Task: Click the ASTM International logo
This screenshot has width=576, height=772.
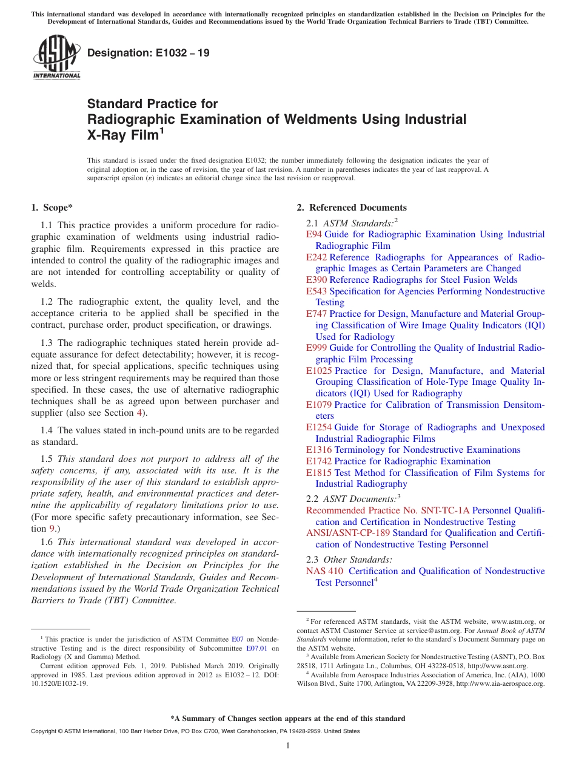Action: tap(56, 58)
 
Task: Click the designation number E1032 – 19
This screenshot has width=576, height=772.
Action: tap(149, 53)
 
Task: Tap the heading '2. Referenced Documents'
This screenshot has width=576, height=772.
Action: tap(352, 208)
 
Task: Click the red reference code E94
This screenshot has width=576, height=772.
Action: tap(314, 234)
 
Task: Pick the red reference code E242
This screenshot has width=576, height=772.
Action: tap(316, 257)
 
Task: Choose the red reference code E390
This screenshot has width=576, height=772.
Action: tap(316, 280)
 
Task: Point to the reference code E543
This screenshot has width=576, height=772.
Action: tap(316, 291)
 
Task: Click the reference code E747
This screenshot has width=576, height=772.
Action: tap(316, 314)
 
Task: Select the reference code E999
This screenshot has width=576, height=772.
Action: tap(316, 348)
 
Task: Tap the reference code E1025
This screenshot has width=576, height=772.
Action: tap(319, 371)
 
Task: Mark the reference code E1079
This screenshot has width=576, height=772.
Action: tap(319, 405)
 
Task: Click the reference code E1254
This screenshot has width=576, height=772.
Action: tap(319, 427)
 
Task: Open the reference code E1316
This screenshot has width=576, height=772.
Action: tap(319, 450)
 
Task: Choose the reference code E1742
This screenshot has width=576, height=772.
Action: tap(319, 461)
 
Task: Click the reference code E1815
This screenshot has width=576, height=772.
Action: tap(319, 473)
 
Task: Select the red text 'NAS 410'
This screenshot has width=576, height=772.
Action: tap(325, 571)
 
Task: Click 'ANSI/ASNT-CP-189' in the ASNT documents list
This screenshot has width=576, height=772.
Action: tap(348, 533)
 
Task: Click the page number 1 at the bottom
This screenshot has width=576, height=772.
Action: tap(288, 746)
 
